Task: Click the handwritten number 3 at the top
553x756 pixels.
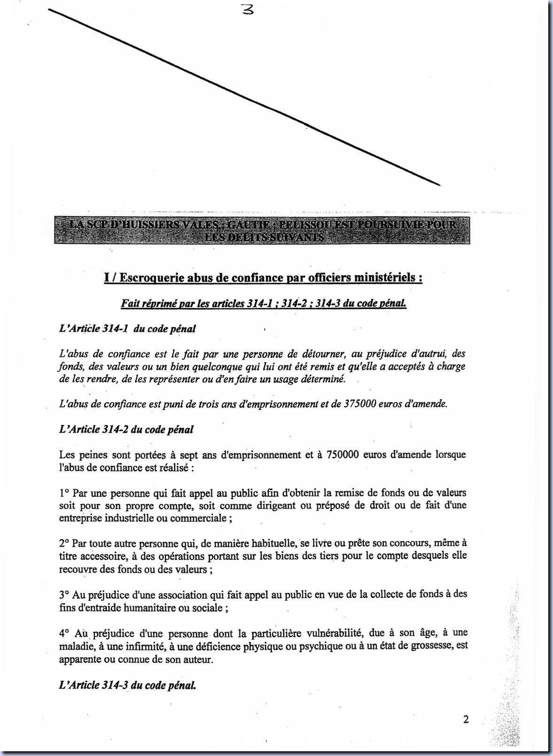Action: click(247, 9)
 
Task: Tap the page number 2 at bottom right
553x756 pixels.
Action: click(466, 719)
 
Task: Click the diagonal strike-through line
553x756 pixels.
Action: click(244, 97)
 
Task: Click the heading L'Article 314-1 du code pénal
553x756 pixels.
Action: click(127, 329)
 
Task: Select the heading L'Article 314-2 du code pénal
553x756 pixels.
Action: click(126, 429)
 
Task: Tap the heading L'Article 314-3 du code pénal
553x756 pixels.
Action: click(127, 685)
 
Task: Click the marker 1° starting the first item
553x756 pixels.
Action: click(64, 493)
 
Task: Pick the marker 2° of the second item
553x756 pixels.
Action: click(64, 543)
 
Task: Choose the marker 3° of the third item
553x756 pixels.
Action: click(64, 594)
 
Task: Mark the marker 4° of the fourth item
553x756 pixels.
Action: click(64, 633)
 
